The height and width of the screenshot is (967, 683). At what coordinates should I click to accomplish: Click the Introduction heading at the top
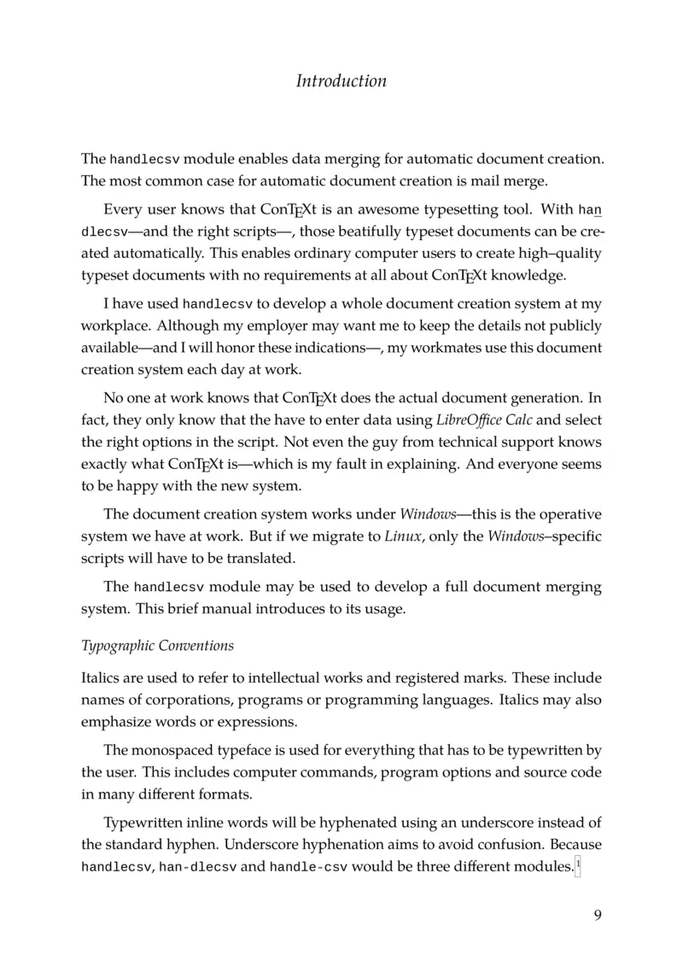tap(341, 81)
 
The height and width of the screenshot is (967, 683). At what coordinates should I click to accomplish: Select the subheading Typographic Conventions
tap(157, 644)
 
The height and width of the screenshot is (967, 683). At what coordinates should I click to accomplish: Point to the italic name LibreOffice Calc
tap(477, 419)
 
